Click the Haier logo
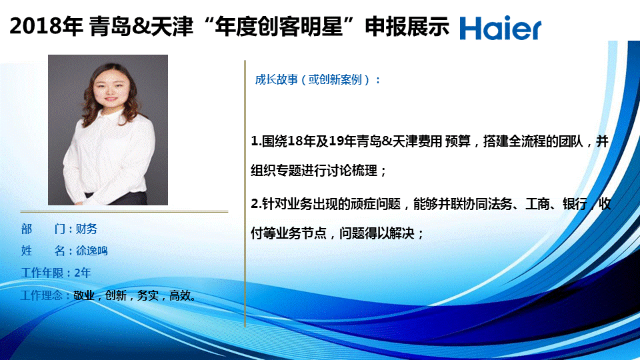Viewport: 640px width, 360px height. tap(501, 28)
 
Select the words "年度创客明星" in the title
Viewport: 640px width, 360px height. tap(279, 26)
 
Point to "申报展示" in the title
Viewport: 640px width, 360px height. tap(407, 26)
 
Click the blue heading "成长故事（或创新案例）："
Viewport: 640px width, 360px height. tap(317, 79)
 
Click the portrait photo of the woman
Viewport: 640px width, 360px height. tap(108, 130)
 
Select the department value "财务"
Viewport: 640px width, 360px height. tap(87, 229)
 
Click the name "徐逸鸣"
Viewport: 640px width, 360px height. tap(92, 251)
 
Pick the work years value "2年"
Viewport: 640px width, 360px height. tap(83, 273)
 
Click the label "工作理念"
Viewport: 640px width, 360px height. tap(41, 295)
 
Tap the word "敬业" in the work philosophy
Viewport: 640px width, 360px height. tap(84, 295)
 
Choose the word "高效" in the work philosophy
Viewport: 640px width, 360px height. tap(180, 295)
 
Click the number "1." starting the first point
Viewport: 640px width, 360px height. tap(256, 141)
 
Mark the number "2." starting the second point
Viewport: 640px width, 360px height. tap(256, 204)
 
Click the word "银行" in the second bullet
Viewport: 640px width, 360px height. tap(575, 204)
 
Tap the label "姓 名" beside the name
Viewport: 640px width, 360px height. tap(43, 251)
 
